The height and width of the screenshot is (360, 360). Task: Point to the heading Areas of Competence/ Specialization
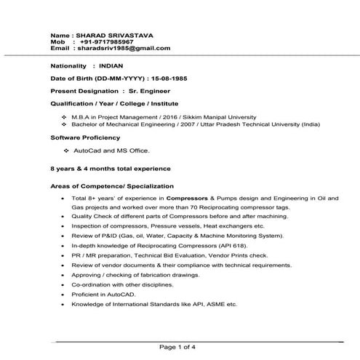click(x=107, y=185)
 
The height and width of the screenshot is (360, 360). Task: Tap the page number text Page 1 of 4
click(x=180, y=346)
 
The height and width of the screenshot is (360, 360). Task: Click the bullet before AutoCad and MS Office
click(x=66, y=150)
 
